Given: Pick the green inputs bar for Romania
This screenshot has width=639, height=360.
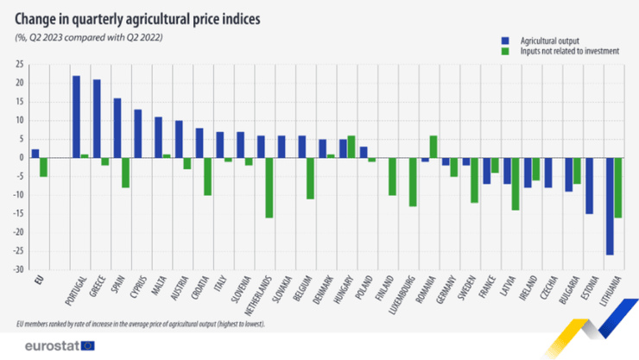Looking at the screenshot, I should pos(433,147).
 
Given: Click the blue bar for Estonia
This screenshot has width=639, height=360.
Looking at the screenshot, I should pos(588,186).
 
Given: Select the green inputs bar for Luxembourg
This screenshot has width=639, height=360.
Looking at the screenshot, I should pos(413,182).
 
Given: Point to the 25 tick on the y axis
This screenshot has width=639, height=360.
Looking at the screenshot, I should pos(17,65).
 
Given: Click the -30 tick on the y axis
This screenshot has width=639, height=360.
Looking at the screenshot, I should pos(16,269).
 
